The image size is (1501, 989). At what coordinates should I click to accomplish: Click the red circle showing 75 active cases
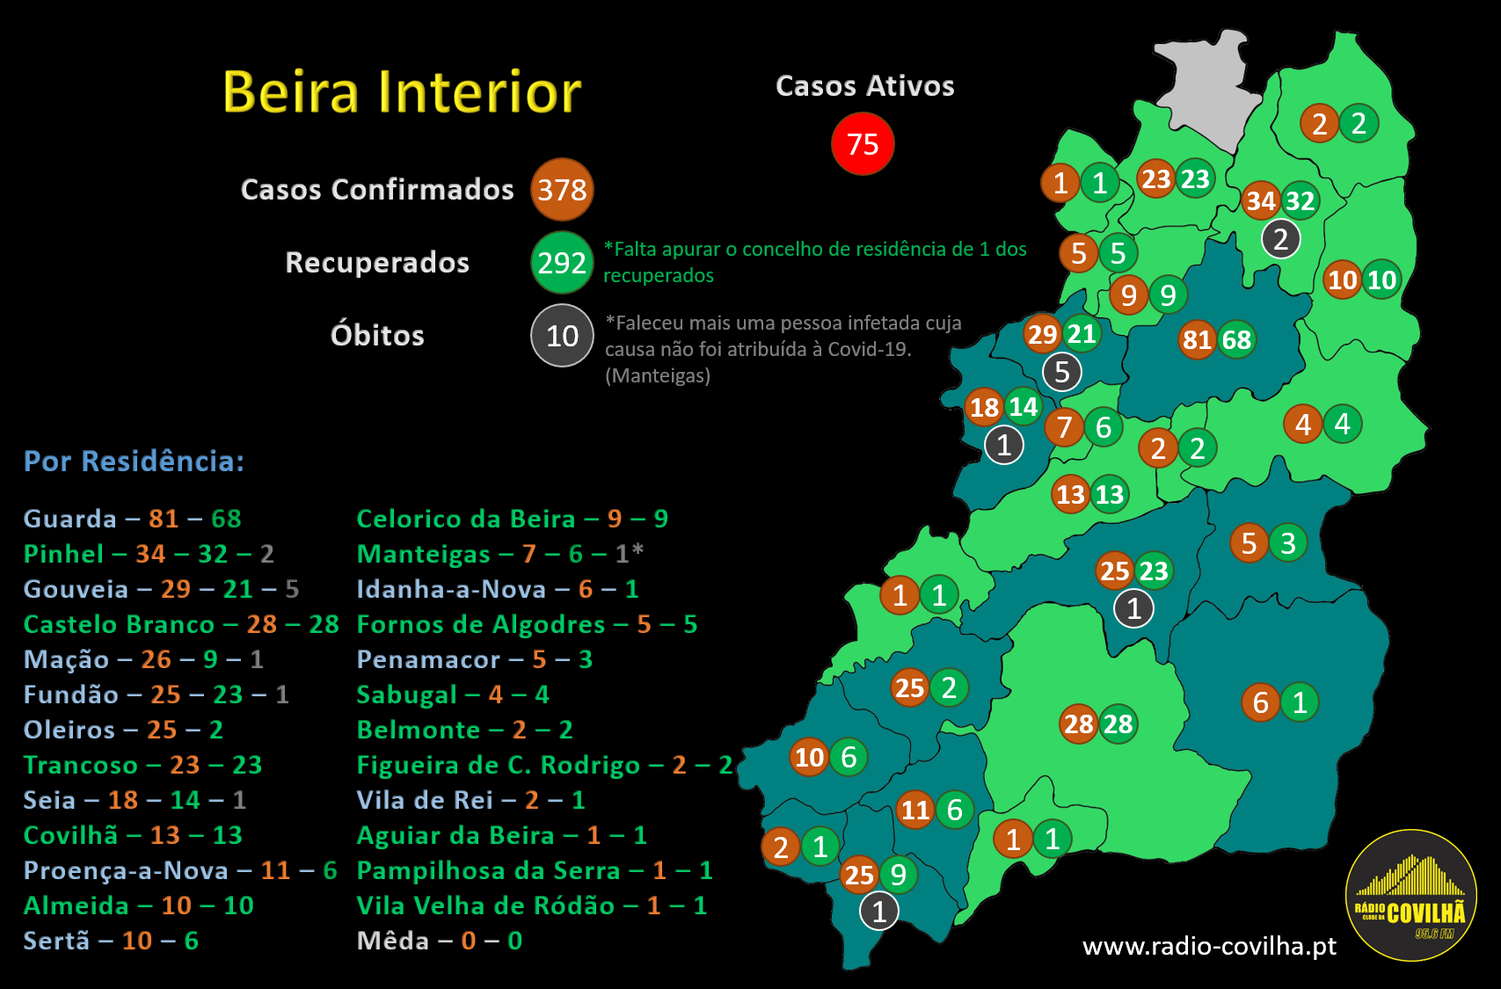tap(863, 143)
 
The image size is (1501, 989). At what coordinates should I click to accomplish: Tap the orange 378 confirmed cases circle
tap(562, 189)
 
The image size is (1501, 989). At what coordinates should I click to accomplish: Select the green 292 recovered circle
tap(562, 262)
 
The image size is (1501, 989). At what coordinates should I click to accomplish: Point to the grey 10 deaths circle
tap(562, 335)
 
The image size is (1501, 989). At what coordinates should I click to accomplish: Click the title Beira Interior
tap(402, 91)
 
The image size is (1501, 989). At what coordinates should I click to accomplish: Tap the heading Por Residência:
tap(134, 462)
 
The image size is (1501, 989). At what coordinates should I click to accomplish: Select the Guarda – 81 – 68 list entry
tap(132, 519)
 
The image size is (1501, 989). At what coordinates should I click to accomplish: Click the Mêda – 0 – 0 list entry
tap(439, 941)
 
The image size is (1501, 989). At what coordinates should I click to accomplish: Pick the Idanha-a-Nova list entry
tap(497, 589)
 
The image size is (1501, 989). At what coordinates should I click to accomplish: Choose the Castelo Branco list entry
tap(180, 624)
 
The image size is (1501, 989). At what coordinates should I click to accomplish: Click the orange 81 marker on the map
tap(1197, 339)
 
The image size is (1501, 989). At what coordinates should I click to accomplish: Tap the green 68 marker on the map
tap(1236, 339)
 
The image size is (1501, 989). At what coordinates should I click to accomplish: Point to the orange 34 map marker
tap(1261, 201)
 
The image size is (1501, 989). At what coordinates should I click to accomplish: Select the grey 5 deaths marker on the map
tap(1061, 372)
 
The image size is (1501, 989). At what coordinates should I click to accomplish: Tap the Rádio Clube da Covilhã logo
tap(1410, 895)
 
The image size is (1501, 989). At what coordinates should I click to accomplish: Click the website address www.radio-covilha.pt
tap(1209, 946)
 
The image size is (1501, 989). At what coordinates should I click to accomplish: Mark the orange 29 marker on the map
tap(1042, 334)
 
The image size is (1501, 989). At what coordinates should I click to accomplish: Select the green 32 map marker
tap(1300, 201)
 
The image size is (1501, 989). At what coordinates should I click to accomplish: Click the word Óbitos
tap(377, 336)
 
